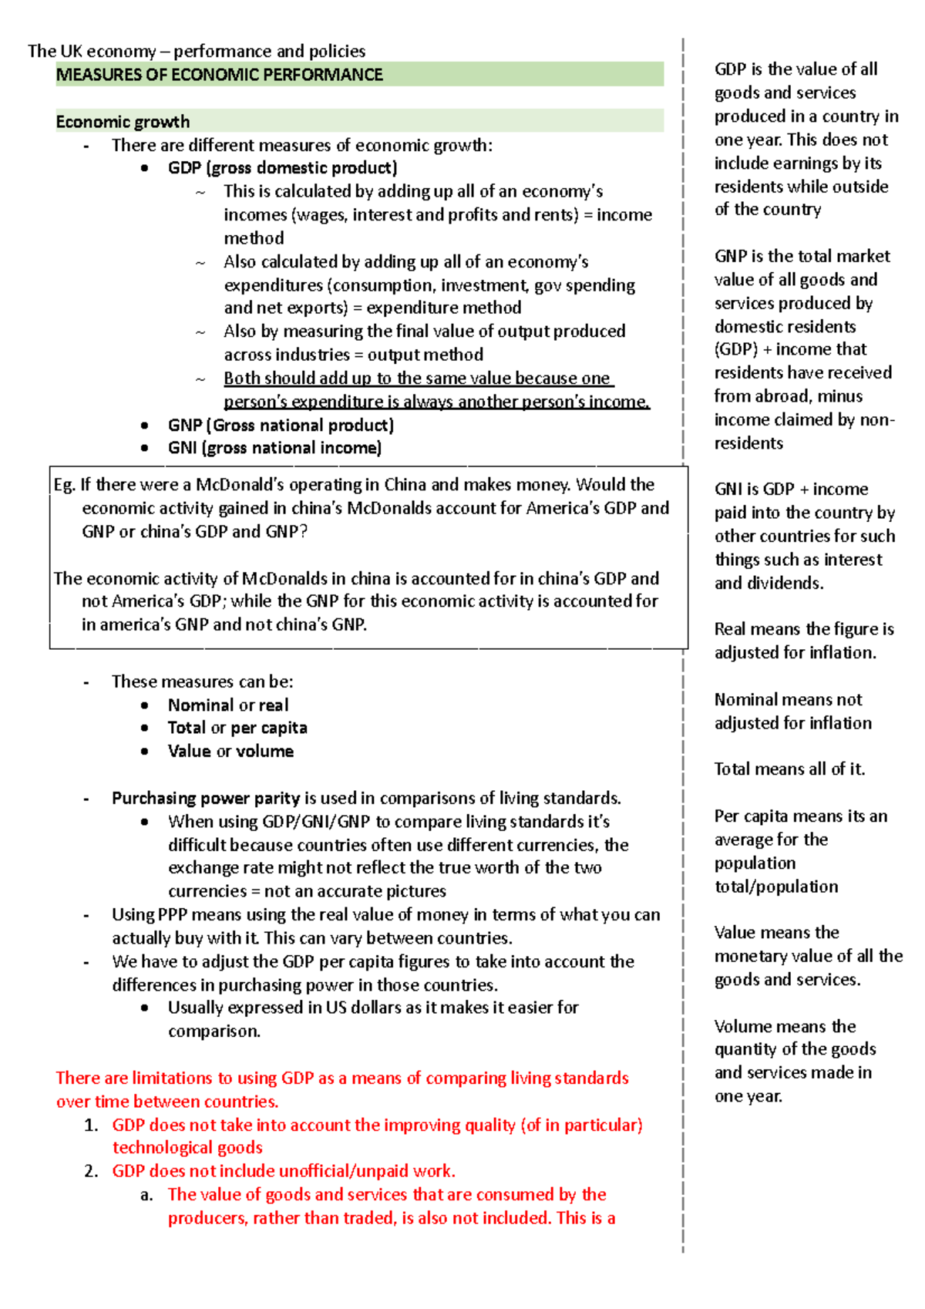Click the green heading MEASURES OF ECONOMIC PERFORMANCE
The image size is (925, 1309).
tap(219, 75)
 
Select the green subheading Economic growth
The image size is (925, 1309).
tap(123, 122)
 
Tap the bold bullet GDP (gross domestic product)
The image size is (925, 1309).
tap(282, 168)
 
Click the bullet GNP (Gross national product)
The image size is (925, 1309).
tap(281, 426)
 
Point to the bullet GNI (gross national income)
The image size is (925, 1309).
tap(274, 448)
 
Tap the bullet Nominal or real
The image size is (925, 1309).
tap(228, 705)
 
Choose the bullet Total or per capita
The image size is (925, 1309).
tap(237, 728)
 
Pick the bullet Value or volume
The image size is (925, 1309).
tap(230, 752)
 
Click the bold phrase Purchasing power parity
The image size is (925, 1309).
tap(206, 799)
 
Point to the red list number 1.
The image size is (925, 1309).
tap(91, 1126)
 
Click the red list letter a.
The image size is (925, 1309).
tap(146, 1196)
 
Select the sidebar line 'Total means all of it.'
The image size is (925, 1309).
tap(789, 769)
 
